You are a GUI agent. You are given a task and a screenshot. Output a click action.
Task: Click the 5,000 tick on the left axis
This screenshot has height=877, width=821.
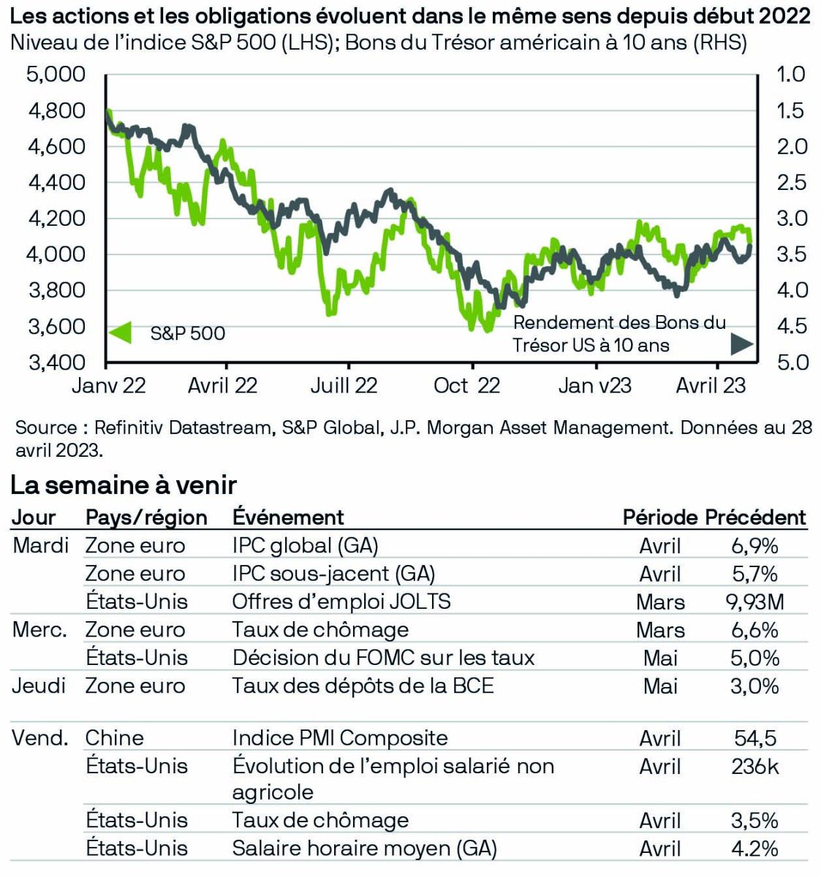56,75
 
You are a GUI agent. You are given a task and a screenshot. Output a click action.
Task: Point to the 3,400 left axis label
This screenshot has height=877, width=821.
56,362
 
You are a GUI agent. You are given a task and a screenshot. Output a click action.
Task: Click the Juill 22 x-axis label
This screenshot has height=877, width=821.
344,386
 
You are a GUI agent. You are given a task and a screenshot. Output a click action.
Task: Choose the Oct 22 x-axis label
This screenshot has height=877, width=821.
466,386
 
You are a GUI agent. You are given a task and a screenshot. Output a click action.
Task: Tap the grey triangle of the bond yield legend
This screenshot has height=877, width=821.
742,343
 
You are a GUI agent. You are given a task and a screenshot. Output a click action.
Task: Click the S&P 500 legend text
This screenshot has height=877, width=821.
188,334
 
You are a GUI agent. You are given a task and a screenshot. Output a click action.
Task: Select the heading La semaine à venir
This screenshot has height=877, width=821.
124,485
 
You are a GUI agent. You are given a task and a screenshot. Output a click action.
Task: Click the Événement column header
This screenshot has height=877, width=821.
288,517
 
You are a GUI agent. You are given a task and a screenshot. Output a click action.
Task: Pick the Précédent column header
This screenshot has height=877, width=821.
755,517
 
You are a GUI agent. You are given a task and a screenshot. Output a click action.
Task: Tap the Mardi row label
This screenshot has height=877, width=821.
40,545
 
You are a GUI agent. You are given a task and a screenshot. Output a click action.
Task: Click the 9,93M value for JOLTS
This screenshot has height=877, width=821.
755,601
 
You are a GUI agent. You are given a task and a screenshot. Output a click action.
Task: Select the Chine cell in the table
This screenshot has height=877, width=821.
114,738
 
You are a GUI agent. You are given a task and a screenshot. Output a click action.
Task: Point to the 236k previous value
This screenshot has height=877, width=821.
755,766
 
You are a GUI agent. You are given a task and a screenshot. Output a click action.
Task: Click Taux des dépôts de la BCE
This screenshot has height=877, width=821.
363,686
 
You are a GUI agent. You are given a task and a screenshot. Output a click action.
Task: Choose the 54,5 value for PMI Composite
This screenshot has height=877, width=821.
755,738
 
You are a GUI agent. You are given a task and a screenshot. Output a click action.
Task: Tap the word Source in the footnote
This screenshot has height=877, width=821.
46,428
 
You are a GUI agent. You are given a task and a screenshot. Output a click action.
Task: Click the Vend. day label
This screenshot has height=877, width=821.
40,738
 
